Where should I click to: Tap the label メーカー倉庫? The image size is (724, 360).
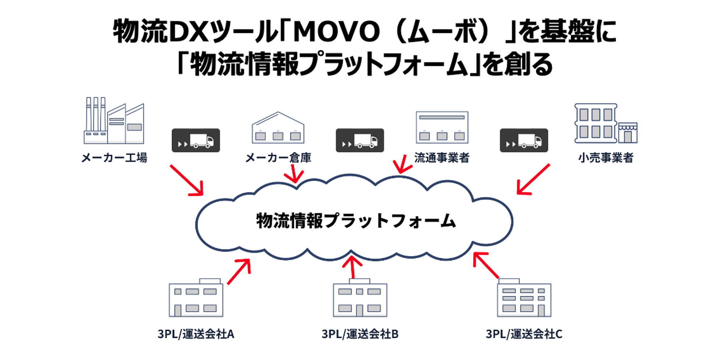[x=278, y=158]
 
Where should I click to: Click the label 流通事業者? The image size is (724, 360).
[x=442, y=158]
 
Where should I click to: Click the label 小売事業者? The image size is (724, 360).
[x=606, y=158]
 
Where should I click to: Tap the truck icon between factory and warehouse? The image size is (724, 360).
[x=196, y=141]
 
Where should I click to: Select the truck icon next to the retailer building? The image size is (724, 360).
[x=524, y=141]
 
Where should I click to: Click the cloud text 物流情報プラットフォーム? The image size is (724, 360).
[x=355, y=221]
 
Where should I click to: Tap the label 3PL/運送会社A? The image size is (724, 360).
[x=196, y=334]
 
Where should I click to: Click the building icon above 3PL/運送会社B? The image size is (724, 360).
[x=360, y=298]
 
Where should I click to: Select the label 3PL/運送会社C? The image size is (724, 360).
[x=524, y=334]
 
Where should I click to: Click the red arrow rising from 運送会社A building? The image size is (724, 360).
[x=239, y=271]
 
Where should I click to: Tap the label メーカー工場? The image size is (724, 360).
[x=114, y=158]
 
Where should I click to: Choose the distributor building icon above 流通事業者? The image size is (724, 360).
[x=442, y=127]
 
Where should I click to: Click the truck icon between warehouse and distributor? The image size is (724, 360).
[x=360, y=141]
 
